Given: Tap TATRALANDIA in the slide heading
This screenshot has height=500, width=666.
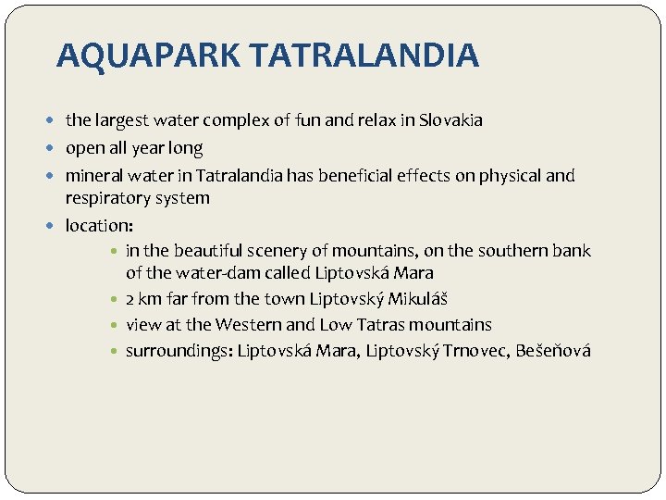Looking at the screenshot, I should click(x=364, y=56).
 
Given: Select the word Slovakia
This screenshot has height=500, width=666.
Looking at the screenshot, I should click(x=450, y=120).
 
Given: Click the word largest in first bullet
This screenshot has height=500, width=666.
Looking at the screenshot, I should click(x=119, y=120).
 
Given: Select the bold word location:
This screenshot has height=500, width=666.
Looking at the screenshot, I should click(x=99, y=225).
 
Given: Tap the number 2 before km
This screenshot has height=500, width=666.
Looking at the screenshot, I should click(x=130, y=299).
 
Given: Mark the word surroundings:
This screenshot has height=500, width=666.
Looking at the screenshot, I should click(x=179, y=351).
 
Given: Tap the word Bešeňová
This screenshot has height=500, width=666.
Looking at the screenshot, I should click(x=553, y=351).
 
